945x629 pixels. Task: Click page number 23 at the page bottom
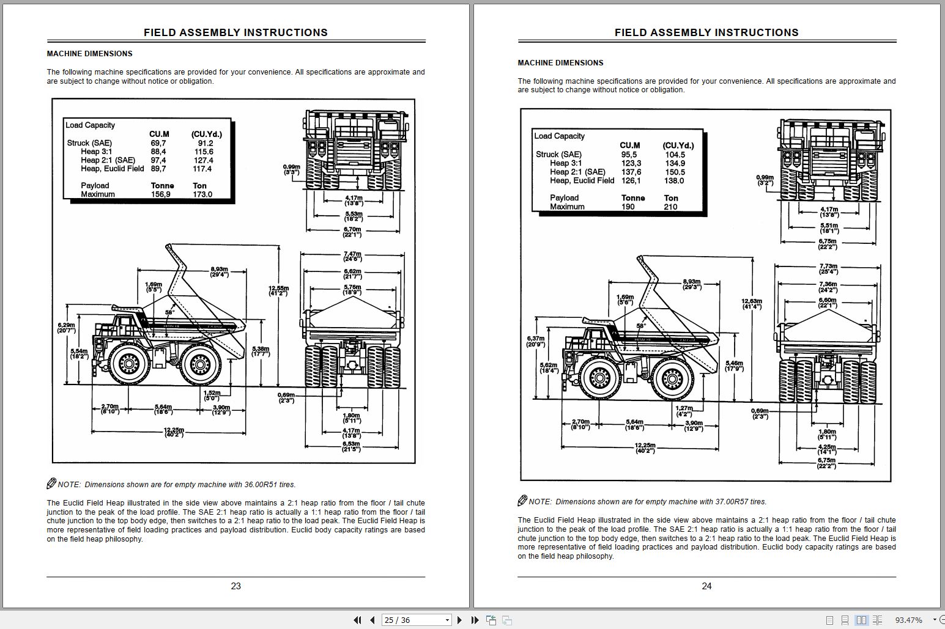tap(235, 586)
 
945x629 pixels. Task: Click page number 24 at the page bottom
tap(706, 586)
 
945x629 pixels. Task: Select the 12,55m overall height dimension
tap(278, 290)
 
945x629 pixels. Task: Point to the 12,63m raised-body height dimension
tap(752, 303)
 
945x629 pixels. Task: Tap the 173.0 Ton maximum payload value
tap(202, 194)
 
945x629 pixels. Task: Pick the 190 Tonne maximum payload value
tap(628, 207)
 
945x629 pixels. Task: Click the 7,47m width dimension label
tap(352, 256)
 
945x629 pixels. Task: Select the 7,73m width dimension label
tap(828, 268)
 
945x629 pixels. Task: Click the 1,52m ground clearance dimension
tap(212, 395)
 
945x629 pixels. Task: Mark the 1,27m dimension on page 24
tap(684, 410)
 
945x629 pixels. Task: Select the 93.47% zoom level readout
tap(908, 620)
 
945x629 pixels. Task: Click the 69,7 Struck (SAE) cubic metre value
tap(158, 143)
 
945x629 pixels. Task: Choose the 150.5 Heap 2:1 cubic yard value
tap(675, 172)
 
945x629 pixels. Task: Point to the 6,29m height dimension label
tap(66, 328)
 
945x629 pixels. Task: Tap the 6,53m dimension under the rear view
tap(351, 446)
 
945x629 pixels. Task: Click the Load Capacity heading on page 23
tap(90, 125)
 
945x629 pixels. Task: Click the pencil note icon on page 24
tap(522, 501)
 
